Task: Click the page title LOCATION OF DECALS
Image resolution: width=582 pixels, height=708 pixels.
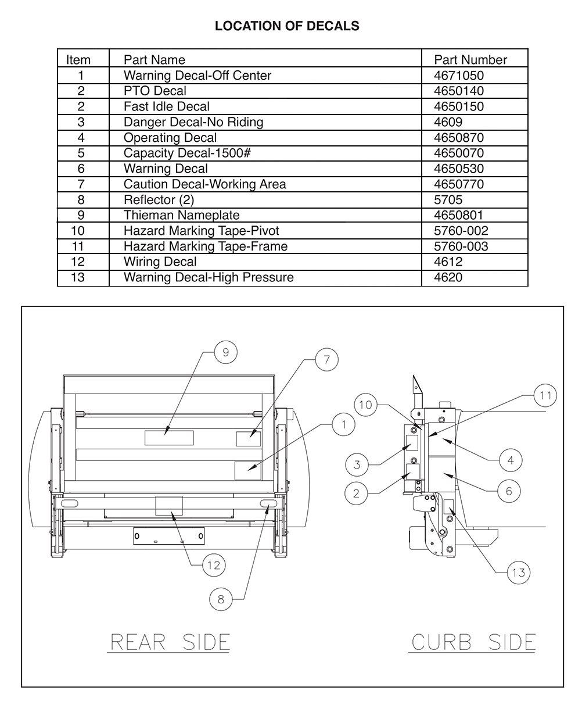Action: [287, 26]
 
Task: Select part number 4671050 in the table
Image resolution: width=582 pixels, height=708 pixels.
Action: [459, 76]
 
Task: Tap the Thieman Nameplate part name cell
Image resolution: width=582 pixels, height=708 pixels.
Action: [181, 215]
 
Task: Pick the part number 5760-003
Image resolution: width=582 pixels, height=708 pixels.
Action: [461, 246]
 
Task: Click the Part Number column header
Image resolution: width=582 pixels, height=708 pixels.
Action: [470, 60]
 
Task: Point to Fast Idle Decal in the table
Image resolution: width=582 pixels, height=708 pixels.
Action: [166, 106]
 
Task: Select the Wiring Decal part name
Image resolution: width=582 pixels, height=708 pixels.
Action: [160, 262]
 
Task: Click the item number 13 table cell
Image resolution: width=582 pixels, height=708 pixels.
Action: [78, 277]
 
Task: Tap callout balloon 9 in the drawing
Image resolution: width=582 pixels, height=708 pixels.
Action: [226, 352]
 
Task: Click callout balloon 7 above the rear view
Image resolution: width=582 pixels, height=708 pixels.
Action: [327, 360]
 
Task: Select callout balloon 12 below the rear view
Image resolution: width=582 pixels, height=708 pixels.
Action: [214, 565]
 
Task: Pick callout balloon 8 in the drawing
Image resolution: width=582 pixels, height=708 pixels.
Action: [221, 599]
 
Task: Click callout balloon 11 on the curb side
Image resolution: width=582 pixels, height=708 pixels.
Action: [545, 396]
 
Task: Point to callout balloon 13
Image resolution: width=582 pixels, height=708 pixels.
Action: [518, 573]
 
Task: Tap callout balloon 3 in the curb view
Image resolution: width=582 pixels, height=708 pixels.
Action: [357, 464]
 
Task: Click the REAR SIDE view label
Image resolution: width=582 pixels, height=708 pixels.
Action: [170, 642]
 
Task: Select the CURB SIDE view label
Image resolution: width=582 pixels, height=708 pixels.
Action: [473, 642]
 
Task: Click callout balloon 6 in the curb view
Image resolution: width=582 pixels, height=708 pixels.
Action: [509, 491]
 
